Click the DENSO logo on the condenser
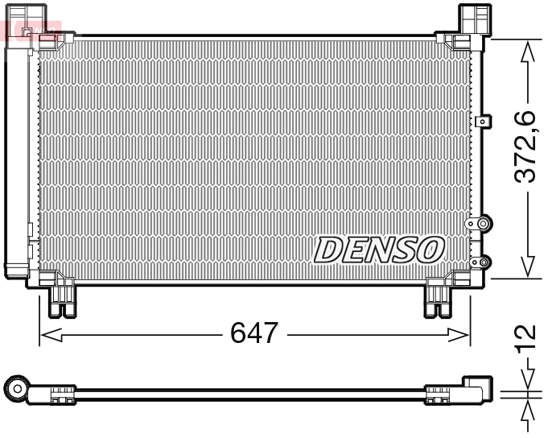click(379, 250)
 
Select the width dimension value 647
click(254, 333)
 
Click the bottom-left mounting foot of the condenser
click(63, 299)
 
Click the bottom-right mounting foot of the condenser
click(439, 299)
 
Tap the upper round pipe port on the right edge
click(483, 223)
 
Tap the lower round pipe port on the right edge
click(483, 262)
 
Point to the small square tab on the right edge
click(483, 122)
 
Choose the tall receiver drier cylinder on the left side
click(16, 153)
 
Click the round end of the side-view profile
click(16, 390)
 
